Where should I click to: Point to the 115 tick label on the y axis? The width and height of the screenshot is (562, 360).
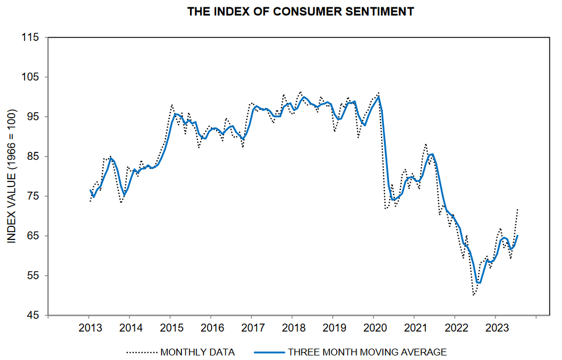31,38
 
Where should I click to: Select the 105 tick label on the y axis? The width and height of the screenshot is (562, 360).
31,77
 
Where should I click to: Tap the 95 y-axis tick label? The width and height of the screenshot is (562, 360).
34,117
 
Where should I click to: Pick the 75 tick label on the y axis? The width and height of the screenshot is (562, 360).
34,197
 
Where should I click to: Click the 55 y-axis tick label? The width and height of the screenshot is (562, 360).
34,276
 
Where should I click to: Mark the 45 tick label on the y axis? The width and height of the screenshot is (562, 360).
34,316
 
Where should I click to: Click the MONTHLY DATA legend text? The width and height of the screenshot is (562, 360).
197,352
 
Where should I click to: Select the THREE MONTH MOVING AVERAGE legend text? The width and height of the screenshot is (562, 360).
367,352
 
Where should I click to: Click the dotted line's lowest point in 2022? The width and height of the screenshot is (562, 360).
474,295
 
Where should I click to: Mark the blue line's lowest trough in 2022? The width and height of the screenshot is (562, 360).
479,283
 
